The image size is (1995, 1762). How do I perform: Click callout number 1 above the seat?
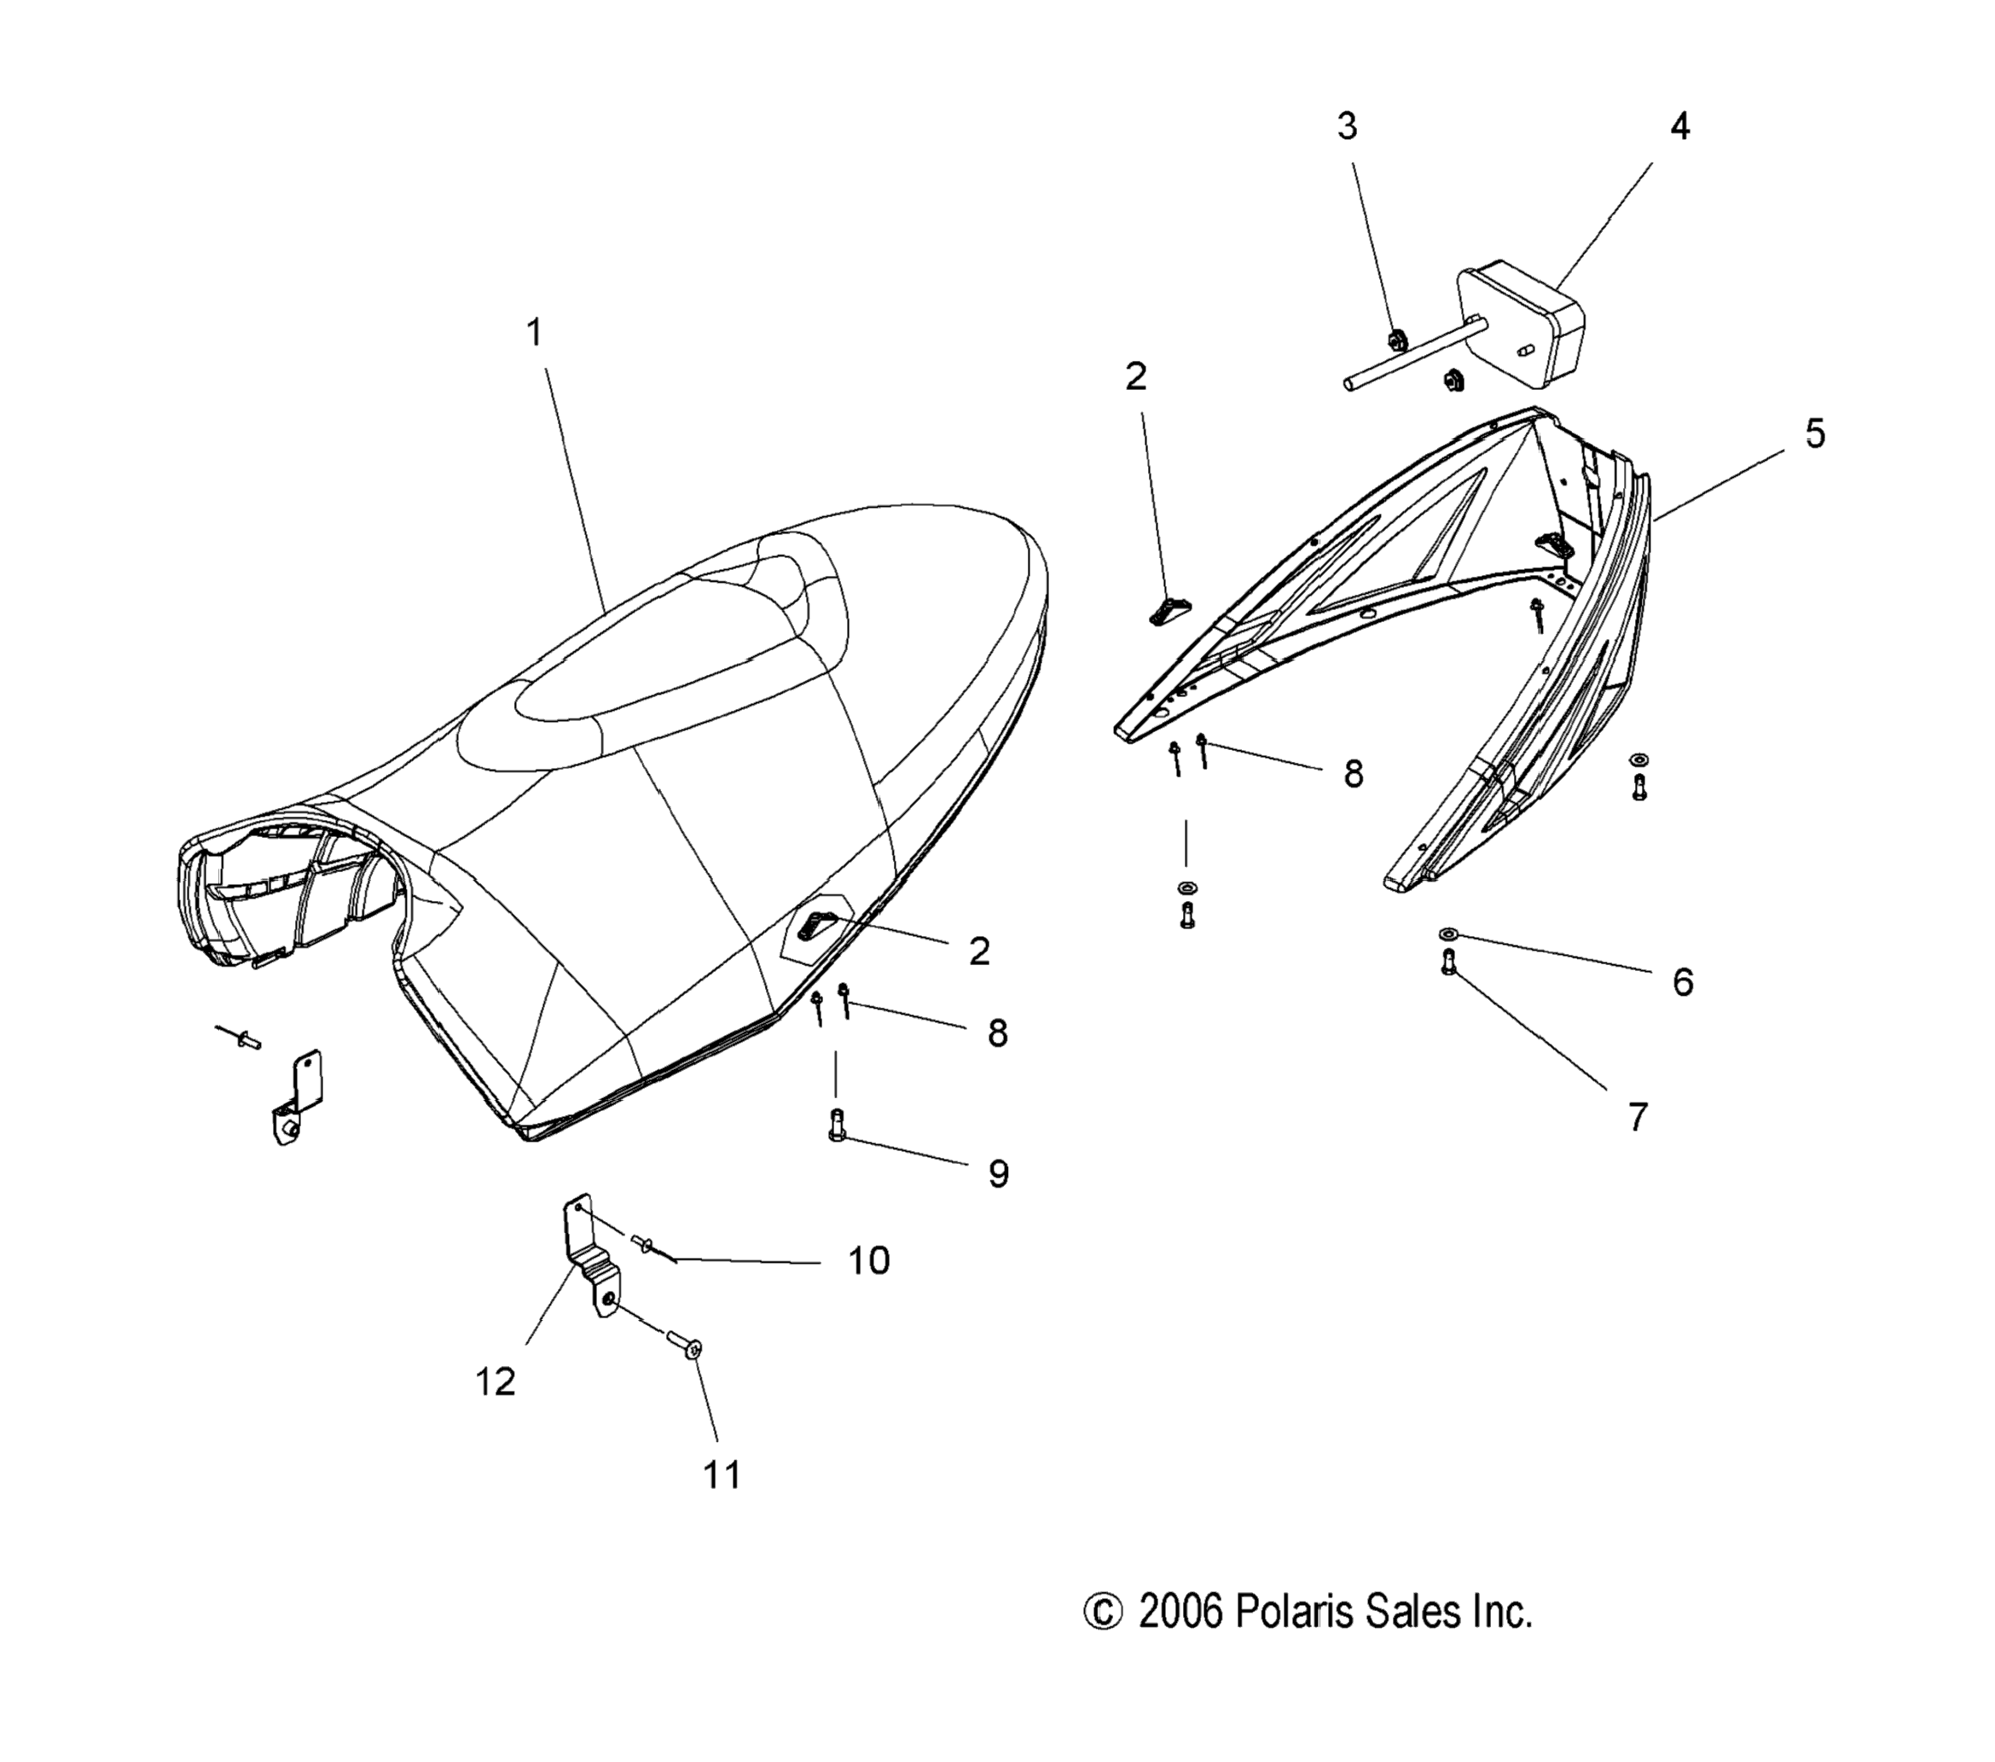point(534,333)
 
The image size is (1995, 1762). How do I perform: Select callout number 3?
point(1347,126)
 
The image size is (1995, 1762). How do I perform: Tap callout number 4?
point(1679,126)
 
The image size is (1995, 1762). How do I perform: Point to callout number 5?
point(1814,433)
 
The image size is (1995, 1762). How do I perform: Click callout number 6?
point(1683,982)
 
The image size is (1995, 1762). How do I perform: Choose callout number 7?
point(1638,1117)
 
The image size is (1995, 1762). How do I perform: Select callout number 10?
point(867,1261)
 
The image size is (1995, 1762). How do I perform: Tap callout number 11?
point(722,1474)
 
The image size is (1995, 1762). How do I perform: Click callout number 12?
point(496,1381)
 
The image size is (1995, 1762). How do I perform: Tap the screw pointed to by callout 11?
point(683,1342)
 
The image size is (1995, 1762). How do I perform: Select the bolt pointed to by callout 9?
point(836,1125)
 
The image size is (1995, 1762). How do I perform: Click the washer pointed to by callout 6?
point(1447,934)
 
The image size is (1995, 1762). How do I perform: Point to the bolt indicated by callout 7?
point(1447,963)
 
